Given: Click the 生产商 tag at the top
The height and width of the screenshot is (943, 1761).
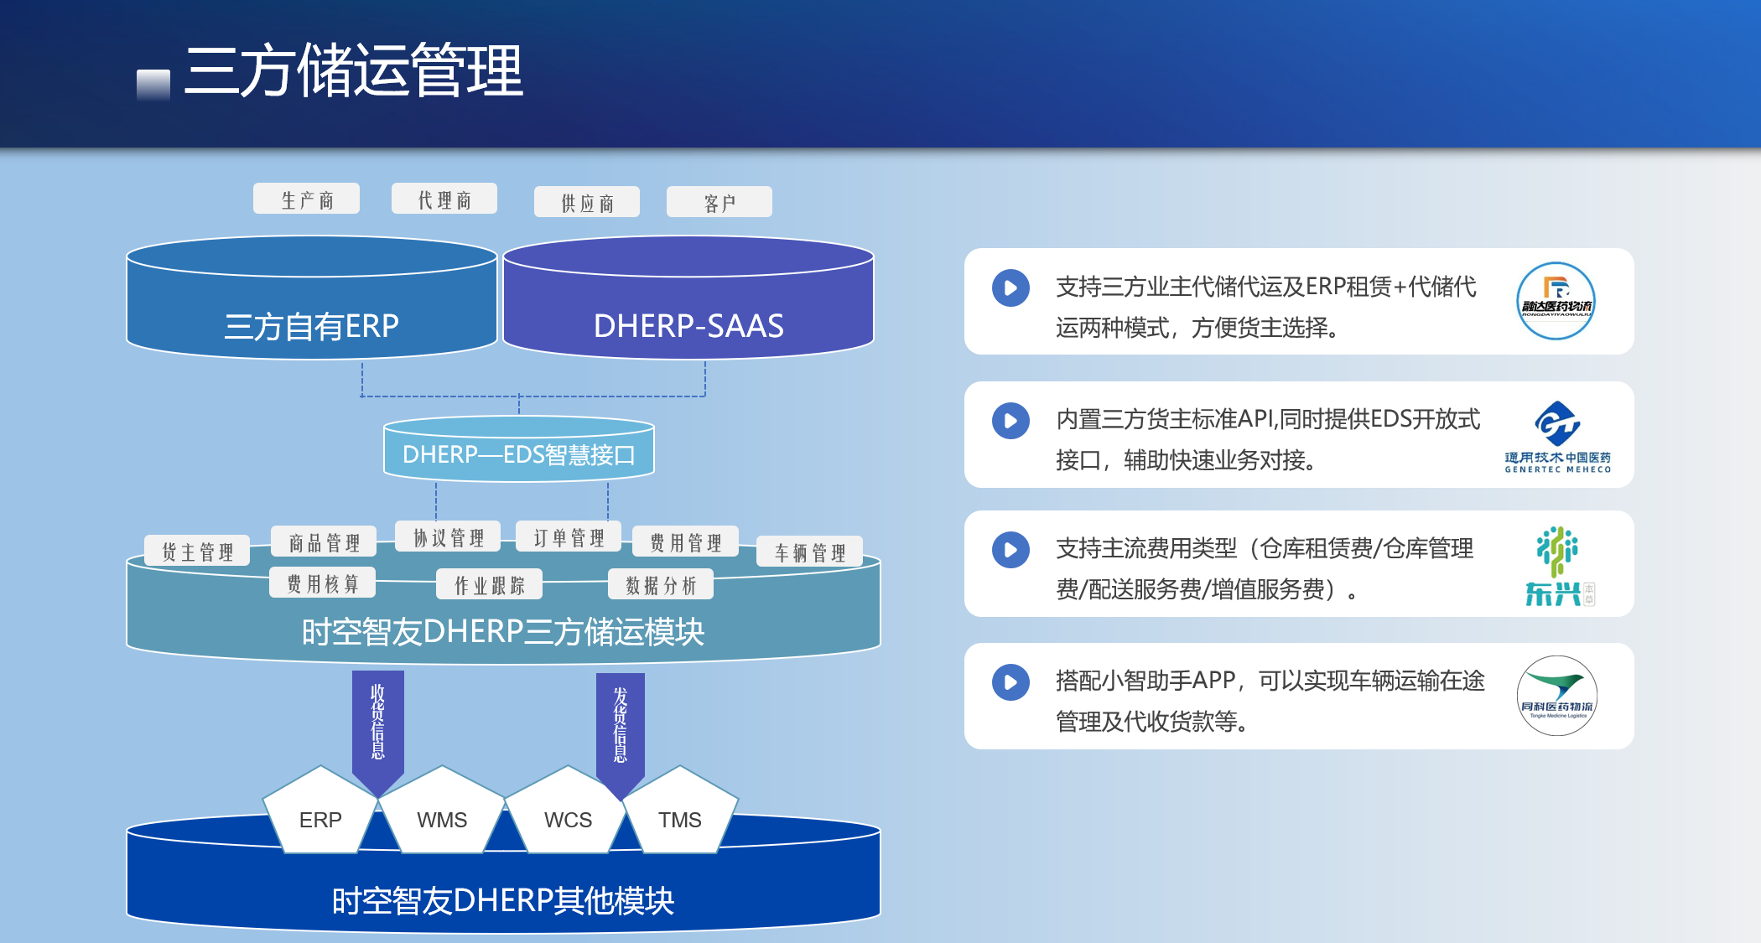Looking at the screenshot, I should [x=307, y=199].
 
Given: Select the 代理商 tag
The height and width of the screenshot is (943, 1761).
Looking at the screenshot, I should [x=444, y=199].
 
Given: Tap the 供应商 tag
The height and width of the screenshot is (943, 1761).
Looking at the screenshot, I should [x=587, y=203].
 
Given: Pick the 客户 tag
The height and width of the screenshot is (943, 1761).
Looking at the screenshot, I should [x=719, y=203].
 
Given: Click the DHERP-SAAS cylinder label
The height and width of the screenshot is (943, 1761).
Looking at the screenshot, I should [x=688, y=325].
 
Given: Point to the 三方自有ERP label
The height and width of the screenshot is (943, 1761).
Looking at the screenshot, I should [x=311, y=325].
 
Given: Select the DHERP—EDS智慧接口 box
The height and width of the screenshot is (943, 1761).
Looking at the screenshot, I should [x=518, y=454].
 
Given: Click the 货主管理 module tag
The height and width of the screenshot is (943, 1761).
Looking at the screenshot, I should [x=197, y=552].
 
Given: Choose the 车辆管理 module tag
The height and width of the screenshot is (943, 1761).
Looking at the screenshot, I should [x=810, y=552].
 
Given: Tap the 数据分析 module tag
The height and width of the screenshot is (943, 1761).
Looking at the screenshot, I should [x=661, y=585].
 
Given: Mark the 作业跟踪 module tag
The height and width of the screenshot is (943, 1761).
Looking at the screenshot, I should [x=490, y=585].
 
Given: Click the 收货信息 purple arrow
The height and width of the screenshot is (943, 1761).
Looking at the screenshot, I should [x=378, y=726].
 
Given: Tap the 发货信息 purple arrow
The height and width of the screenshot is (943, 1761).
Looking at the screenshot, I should [x=621, y=726].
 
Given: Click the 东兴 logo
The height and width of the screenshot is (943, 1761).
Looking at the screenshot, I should [x=1557, y=566].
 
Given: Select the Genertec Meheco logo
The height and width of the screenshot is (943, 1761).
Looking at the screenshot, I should [x=1557, y=437].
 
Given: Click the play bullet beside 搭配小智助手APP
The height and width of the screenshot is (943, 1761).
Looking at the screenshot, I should [x=1010, y=682].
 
